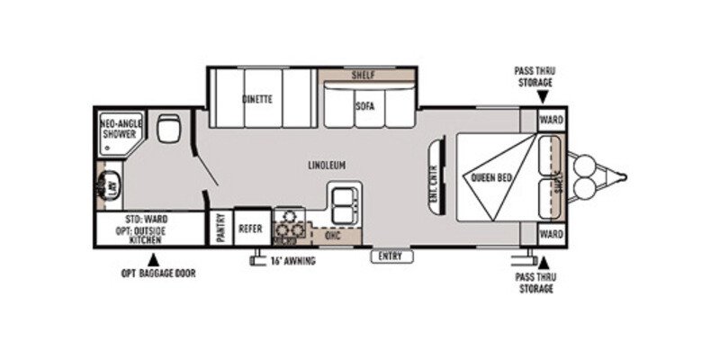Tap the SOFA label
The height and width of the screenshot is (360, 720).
click(x=364, y=104)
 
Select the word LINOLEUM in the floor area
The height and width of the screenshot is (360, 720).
click(x=326, y=164)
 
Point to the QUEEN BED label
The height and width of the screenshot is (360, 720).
click(x=491, y=177)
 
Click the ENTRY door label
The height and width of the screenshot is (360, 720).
click(x=391, y=256)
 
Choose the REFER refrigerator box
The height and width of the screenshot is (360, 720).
click(x=249, y=229)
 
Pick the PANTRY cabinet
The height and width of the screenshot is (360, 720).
click(x=220, y=228)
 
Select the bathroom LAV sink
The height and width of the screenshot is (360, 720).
click(x=110, y=187)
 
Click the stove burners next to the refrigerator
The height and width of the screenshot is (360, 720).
click(x=285, y=226)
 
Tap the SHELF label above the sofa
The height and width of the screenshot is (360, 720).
click(x=363, y=75)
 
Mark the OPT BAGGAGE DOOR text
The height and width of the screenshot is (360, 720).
click(x=158, y=273)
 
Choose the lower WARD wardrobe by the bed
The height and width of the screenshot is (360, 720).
click(x=551, y=233)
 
